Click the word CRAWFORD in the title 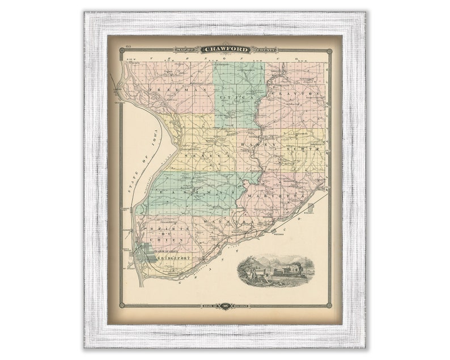[226, 50]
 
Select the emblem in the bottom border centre [226, 306]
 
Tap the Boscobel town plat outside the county [310, 208]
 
